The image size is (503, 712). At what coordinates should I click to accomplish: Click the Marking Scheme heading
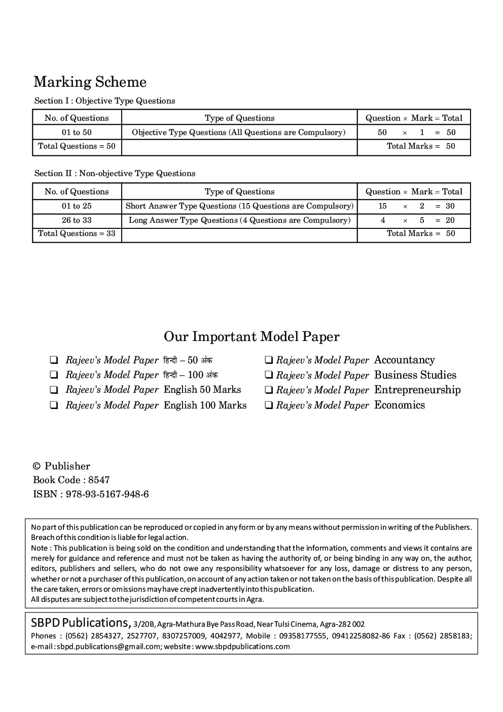pyautogui.click(x=90, y=82)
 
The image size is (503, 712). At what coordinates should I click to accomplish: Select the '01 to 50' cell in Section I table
pyautogui.click(x=77, y=132)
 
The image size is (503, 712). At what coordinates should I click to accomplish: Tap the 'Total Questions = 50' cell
pyautogui.click(x=77, y=146)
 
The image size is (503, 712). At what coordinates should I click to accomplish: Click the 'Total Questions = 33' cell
pyautogui.click(x=77, y=233)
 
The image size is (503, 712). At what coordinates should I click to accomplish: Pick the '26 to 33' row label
pyautogui.click(x=77, y=220)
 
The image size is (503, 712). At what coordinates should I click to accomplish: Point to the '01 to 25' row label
pyautogui.click(x=77, y=206)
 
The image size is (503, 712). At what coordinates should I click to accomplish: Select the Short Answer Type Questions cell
pyautogui.click(x=239, y=206)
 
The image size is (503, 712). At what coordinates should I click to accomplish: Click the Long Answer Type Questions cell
pyautogui.click(x=239, y=220)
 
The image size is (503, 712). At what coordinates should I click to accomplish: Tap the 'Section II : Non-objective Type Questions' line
pyautogui.click(x=115, y=174)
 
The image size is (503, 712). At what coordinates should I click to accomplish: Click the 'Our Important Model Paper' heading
pyautogui.click(x=251, y=336)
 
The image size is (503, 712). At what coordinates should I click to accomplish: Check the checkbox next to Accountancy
pyautogui.click(x=269, y=361)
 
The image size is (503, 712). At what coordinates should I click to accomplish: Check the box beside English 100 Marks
pyautogui.click(x=53, y=405)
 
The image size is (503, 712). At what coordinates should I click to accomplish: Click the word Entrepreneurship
pyautogui.click(x=417, y=390)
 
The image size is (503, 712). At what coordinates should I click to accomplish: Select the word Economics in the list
pyautogui.click(x=399, y=405)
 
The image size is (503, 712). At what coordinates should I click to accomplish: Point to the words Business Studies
pyautogui.click(x=415, y=375)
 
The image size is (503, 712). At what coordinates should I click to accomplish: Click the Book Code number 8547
pyautogui.click(x=99, y=480)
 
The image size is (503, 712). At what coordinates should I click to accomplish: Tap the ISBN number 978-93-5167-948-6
pyautogui.click(x=107, y=494)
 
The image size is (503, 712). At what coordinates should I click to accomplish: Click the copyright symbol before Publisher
pyautogui.click(x=37, y=466)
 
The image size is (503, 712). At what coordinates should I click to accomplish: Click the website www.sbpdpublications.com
pyautogui.click(x=242, y=647)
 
